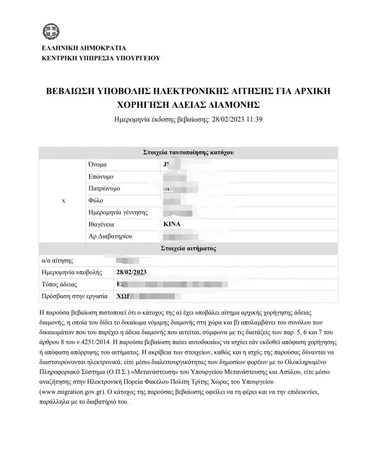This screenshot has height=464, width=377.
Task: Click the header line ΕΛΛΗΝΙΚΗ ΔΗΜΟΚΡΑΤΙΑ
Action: tap(84, 48)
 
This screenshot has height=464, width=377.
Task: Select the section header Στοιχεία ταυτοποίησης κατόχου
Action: tap(188, 153)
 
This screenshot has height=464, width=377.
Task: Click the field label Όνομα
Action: tap(98, 165)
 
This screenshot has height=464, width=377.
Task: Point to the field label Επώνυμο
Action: tap(101, 177)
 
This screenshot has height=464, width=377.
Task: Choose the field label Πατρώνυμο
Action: tap(104, 189)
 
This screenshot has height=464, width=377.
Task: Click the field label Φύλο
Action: tap(96, 201)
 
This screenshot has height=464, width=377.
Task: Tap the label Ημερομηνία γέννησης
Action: tap(118, 213)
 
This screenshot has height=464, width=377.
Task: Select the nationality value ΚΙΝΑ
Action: tap(172, 224)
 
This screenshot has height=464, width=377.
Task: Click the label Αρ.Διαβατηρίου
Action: tap(110, 236)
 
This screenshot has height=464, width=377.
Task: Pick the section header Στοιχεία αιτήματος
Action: tap(188, 249)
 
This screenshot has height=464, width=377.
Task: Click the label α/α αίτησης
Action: tap(57, 261)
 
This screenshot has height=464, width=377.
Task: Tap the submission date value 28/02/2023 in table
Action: tap(131, 272)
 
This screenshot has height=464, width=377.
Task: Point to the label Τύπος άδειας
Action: tap(60, 284)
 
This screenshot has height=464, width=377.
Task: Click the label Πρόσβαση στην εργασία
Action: tap(75, 296)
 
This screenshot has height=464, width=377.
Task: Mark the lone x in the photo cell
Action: tap(64, 201)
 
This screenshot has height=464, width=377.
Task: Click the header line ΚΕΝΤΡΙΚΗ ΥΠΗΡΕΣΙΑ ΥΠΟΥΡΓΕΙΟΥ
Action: tap(101, 58)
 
